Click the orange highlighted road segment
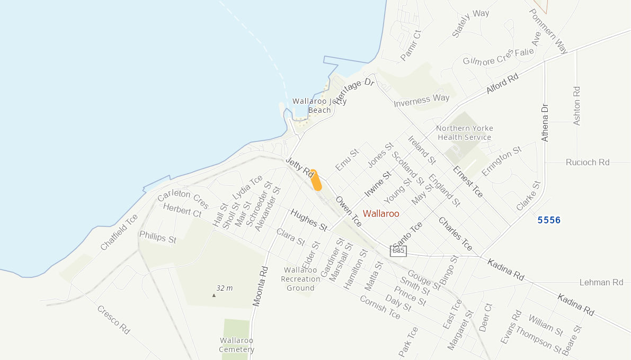click(316, 180)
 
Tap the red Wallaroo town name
click(381, 214)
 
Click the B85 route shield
click(398, 251)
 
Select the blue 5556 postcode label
click(549, 220)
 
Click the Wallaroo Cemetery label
click(237, 345)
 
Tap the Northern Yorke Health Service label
click(465, 133)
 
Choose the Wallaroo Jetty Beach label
click(319, 106)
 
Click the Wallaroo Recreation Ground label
click(300, 279)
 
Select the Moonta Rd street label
click(261, 286)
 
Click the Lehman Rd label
click(601, 283)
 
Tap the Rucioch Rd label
click(588, 163)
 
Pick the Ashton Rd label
click(577, 106)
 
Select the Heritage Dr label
click(355, 91)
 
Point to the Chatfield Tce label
click(119, 232)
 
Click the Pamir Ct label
click(411, 46)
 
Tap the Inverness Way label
click(422, 101)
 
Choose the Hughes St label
click(308, 219)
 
